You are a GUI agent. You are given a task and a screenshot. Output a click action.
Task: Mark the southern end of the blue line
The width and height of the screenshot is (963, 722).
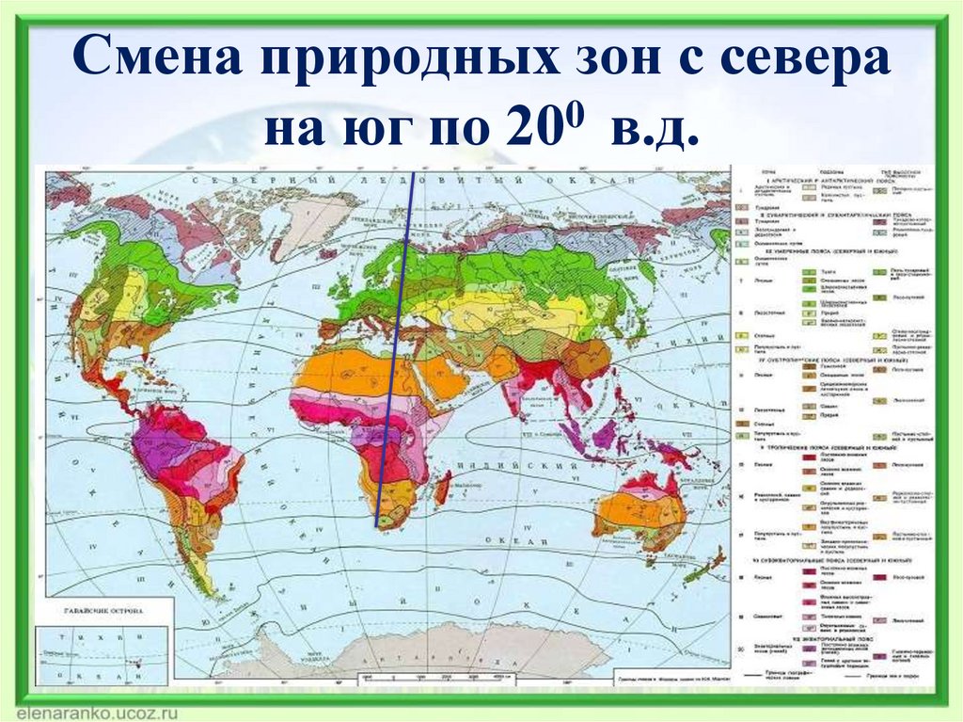(x=377, y=526)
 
